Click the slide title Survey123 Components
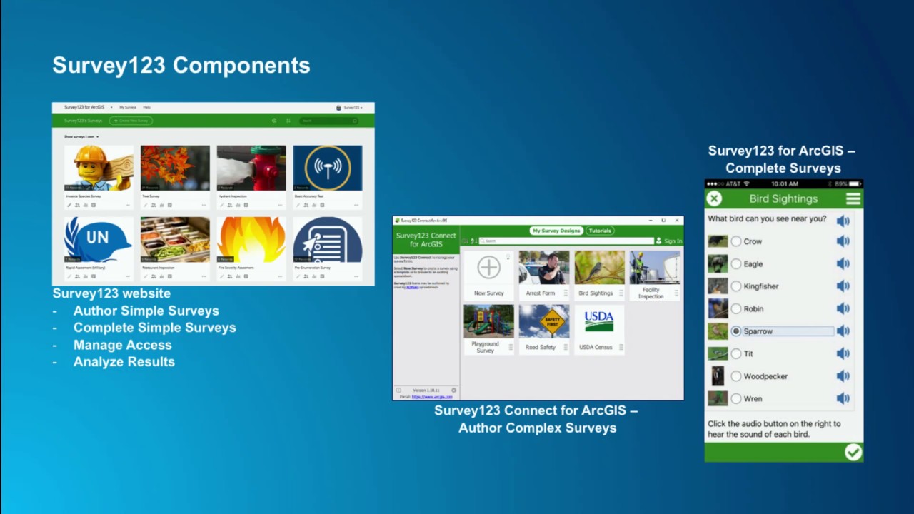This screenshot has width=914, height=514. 181,66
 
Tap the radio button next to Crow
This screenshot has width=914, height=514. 736,241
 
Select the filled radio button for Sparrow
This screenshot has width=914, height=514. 736,331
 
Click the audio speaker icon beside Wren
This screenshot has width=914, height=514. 843,398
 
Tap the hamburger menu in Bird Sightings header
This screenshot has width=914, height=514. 853,198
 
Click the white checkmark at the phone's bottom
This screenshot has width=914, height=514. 853,452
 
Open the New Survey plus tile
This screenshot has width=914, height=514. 488,268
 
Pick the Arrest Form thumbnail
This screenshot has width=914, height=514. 543,268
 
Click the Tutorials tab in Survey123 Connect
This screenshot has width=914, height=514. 600,231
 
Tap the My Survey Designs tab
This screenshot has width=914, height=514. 556,231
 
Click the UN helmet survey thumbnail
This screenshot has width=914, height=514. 99,240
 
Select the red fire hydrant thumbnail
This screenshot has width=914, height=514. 251,168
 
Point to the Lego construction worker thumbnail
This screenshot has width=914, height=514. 99,168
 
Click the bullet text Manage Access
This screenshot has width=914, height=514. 122,345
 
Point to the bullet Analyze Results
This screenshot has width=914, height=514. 124,362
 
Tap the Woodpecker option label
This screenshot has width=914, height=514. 765,376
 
